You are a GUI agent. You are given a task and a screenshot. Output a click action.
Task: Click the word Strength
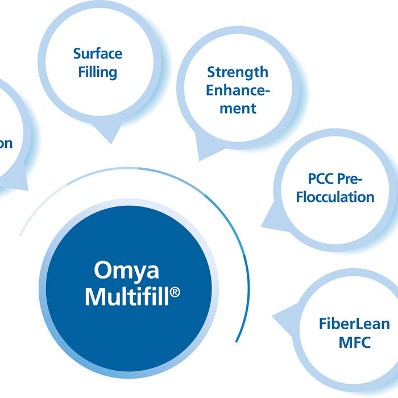[237, 72]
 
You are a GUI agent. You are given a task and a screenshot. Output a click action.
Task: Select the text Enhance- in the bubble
[237, 90]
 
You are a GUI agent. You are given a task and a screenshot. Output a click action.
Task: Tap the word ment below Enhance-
[238, 108]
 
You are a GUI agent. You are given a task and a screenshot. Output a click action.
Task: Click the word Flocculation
[335, 197]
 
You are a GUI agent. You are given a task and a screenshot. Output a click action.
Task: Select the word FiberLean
[354, 324]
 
